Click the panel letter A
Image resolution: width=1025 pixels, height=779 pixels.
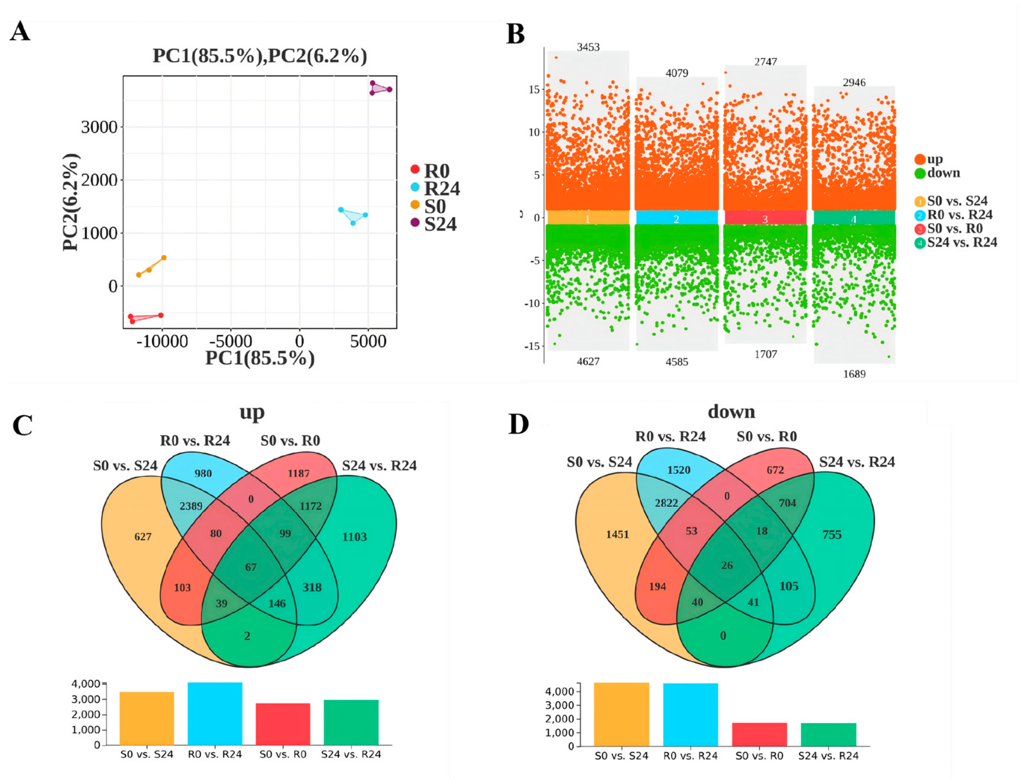point(20,31)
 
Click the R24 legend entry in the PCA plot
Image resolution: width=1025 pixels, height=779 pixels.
point(436,188)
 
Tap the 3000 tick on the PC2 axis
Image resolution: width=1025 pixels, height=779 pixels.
point(99,127)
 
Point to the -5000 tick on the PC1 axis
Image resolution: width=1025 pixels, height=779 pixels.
point(231,341)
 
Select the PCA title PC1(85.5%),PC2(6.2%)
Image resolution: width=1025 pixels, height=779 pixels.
point(260,56)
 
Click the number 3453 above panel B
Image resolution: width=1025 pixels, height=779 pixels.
point(588,47)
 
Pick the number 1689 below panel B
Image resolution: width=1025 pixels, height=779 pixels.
point(854,374)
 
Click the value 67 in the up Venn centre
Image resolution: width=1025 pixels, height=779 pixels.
point(251,567)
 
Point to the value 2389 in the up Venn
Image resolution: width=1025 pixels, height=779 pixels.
point(191,506)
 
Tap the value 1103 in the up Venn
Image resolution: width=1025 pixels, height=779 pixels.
point(355,537)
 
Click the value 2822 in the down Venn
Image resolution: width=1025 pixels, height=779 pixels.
point(666,503)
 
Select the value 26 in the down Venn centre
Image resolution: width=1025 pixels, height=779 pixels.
point(727,565)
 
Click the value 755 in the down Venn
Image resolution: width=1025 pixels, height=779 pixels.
point(832,535)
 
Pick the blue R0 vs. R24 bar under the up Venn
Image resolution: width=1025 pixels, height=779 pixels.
point(215,713)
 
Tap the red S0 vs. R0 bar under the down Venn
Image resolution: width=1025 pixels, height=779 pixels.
point(759,735)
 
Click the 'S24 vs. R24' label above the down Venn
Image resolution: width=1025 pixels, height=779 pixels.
point(857,462)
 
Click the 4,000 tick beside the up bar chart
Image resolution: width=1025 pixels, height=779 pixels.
point(86,684)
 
